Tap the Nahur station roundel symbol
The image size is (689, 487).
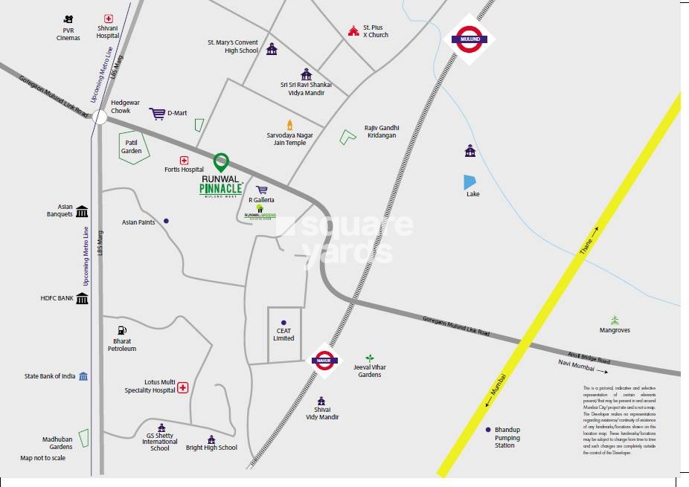[324, 360]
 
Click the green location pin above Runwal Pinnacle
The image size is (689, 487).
[220, 161]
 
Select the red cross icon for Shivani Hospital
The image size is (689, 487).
[108, 18]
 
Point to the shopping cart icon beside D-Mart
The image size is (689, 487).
[157, 113]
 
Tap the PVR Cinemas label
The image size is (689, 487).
[68, 33]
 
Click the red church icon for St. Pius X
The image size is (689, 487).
[353, 30]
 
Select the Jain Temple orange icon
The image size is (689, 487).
[290, 124]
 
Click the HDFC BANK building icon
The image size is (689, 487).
[82, 298]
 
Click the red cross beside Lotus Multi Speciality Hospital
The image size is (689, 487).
[182, 387]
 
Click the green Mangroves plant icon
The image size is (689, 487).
[615, 320]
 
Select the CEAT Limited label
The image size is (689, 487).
[283, 334]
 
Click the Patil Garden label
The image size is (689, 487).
[131, 146]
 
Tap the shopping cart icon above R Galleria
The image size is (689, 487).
[262, 190]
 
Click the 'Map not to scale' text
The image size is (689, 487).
[42, 458]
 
